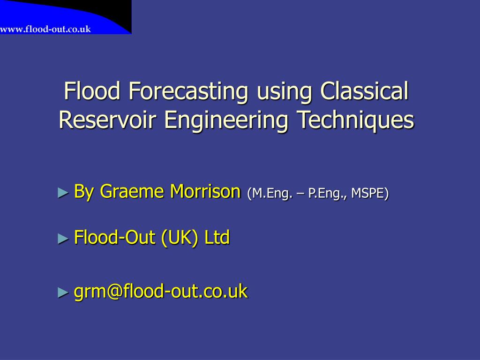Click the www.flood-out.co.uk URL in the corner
tap(45, 29)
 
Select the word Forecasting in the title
tap(189, 91)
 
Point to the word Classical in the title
tap(365, 91)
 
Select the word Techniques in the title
tap(356, 120)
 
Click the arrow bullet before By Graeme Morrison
tap(63, 192)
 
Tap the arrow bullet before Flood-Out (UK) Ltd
tap(63, 239)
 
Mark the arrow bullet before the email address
tap(63, 292)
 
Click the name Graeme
tap(133, 192)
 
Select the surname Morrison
tap(205, 192)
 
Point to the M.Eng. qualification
tap(271, 193)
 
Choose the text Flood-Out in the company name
tap(115, 238)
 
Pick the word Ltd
tap(217, 238)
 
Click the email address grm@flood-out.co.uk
tap(161, 292)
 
